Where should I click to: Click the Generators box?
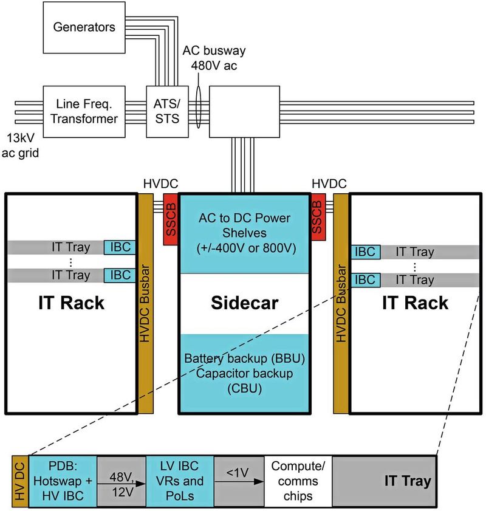pos(84,27)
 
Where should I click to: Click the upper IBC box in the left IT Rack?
pos(120,247)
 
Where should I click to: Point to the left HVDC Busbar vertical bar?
pos(146,304)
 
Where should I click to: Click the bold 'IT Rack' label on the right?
pos(415,303)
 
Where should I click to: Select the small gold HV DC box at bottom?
pos(19,481)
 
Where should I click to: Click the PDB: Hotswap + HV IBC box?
pos(63,481)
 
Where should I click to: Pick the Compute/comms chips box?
pos(298,481)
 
